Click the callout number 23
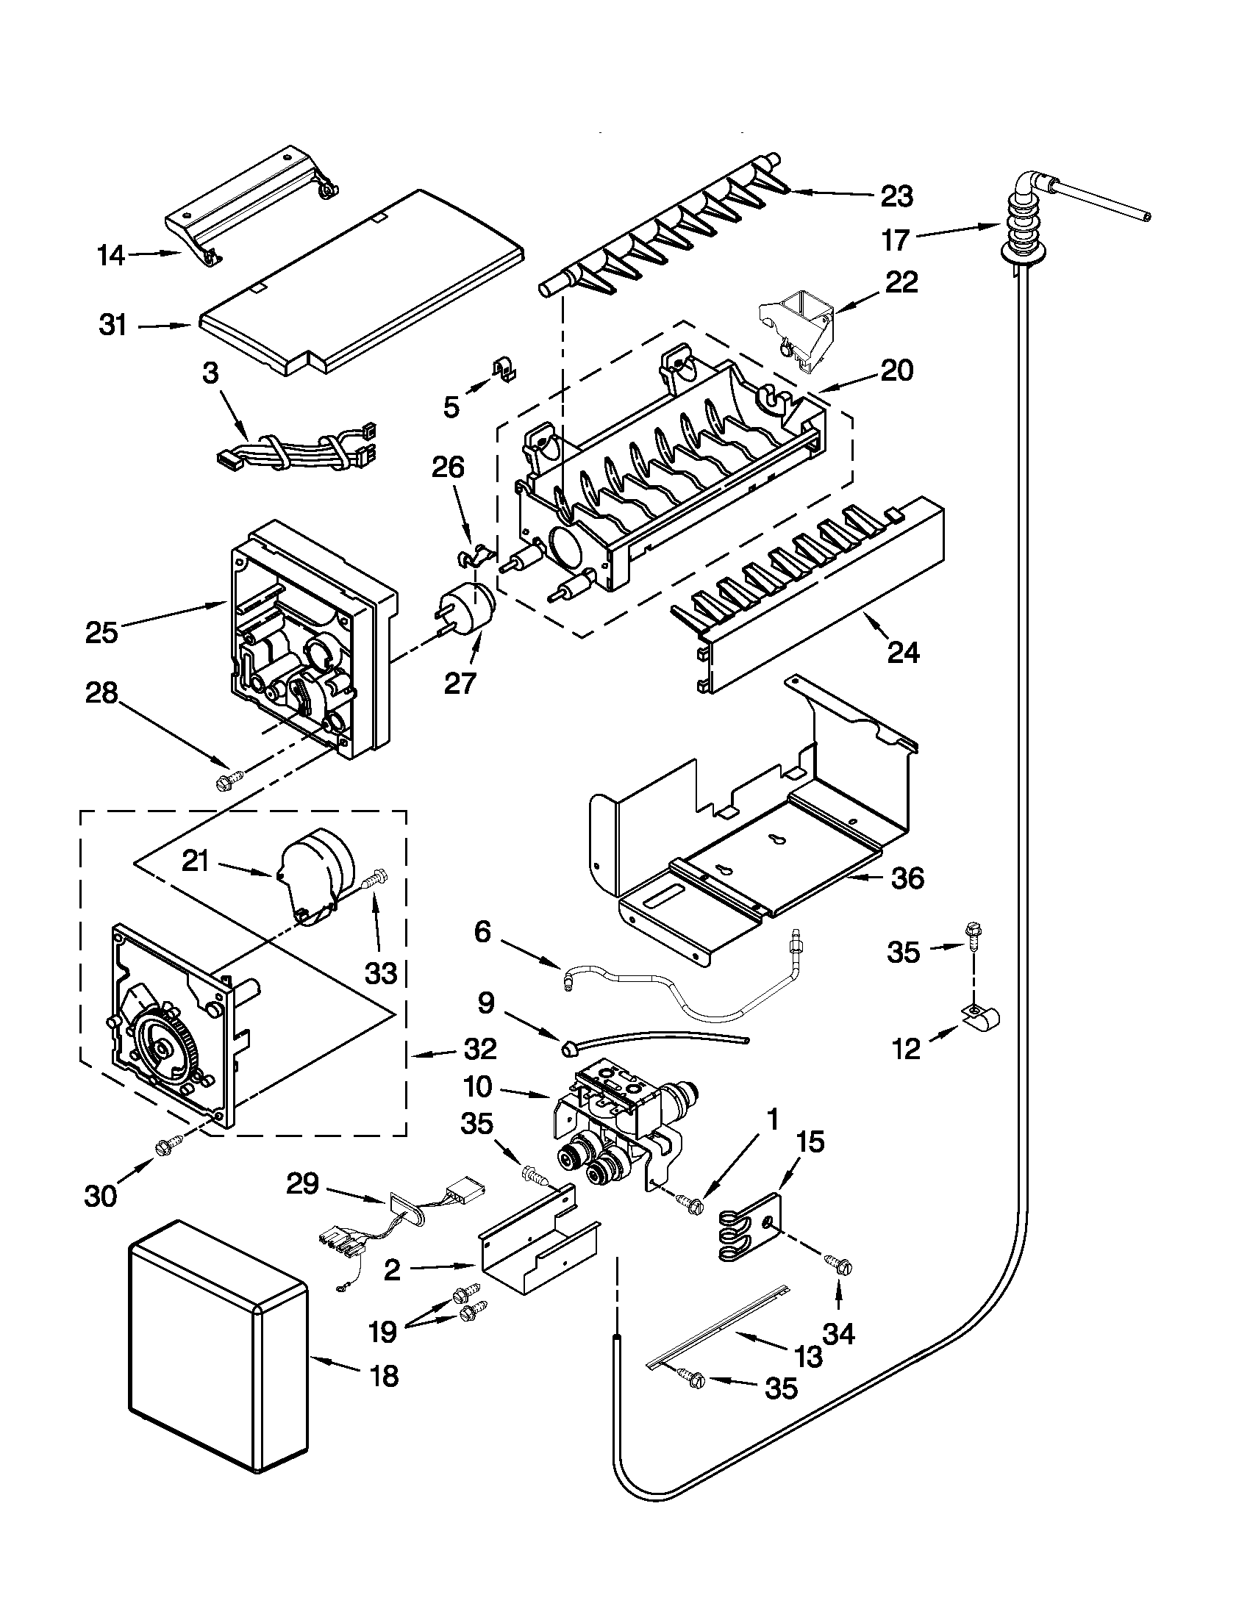[897, 196]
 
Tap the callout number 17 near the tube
[895, 240]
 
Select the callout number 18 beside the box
[382, 1376]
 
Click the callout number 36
[908, 878]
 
